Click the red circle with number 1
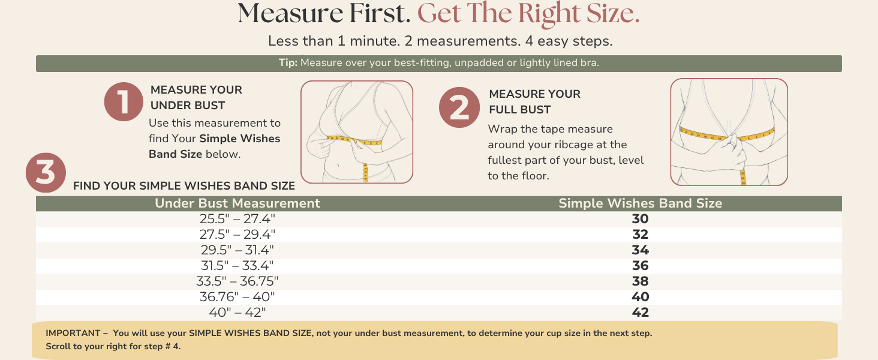coord(124,101)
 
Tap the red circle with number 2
coord(459,107)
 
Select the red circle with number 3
coord(46,173)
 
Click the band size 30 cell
coord(640,219)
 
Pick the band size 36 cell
coord(640,265)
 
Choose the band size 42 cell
coord(640,313)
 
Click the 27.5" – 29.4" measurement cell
coord(237,235)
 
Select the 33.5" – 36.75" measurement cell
coord(237,281)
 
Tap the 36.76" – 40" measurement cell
coord(237,297)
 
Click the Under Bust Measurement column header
coord(237,203)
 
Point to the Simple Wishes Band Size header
coord(640,203)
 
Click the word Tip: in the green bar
coord(288,63)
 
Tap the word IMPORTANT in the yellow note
coord(73,333)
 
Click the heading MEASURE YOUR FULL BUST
coord(534,101)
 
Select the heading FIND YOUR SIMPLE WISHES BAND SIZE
coord(184,186)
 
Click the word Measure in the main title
coord(290,14)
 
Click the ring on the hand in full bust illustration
coord(732,145)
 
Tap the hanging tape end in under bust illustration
coord(366,173)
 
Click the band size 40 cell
coord(640,297)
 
